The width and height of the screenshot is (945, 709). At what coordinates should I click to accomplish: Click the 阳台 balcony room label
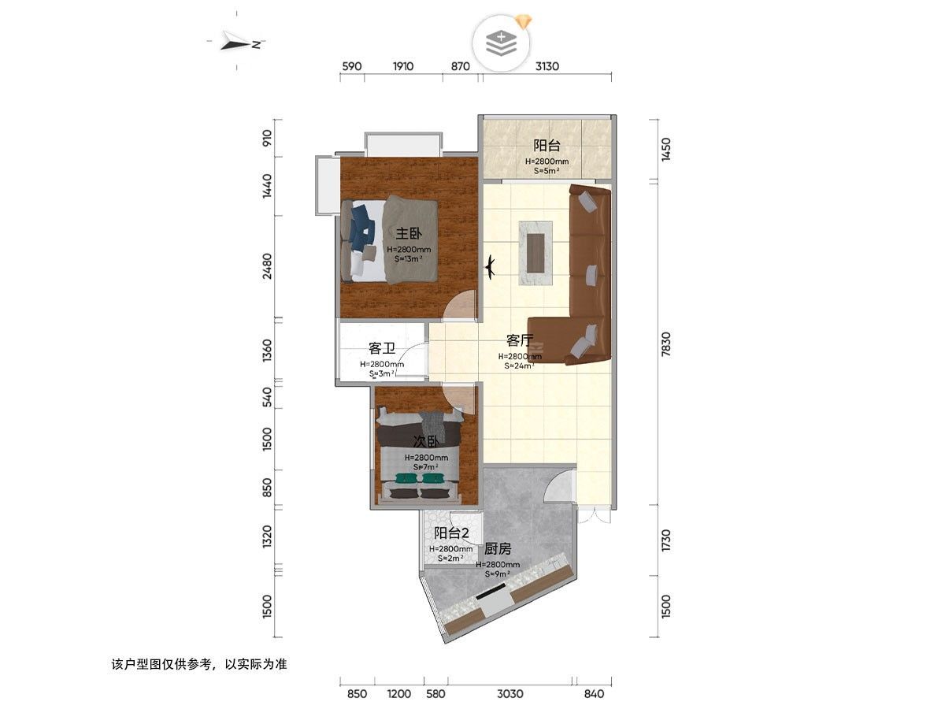click(x=547, y=146)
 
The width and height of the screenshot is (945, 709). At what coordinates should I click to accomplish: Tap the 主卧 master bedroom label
click(x=409, y=234)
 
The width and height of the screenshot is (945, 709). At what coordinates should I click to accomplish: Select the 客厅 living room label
click(x=520, y=340)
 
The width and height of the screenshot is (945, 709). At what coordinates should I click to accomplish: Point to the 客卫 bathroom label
click(x=382, y=348)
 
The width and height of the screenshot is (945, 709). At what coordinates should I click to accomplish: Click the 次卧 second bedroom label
click(x=426, y=442)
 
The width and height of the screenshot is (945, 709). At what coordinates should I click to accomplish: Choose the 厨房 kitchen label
click(x=498, y=549)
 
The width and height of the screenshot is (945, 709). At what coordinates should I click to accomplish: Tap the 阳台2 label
click(x=450, y=533)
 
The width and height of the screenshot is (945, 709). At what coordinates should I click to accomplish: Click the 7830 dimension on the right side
click(x=665, y=343)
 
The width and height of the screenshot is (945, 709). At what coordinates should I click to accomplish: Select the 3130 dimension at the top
click(x=547, y=66)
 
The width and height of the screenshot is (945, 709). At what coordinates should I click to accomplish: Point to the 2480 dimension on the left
click(x=267, y=266)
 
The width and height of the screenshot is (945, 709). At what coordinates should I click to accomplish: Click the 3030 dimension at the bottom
click(x=510, y=694)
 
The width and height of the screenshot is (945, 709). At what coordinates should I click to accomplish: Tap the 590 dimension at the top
click(x=351, y=66)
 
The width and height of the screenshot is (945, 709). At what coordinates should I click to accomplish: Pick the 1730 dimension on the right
click(x=665, y=540)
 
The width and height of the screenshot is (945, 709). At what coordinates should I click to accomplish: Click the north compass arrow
click(x=235, y=43)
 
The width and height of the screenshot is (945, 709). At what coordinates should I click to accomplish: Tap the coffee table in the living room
click(x=535, y=253)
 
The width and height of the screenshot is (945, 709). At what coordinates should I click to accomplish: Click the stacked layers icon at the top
click(x=501, y=43)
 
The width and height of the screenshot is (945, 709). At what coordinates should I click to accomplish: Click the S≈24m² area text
click(x=520, y=366)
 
